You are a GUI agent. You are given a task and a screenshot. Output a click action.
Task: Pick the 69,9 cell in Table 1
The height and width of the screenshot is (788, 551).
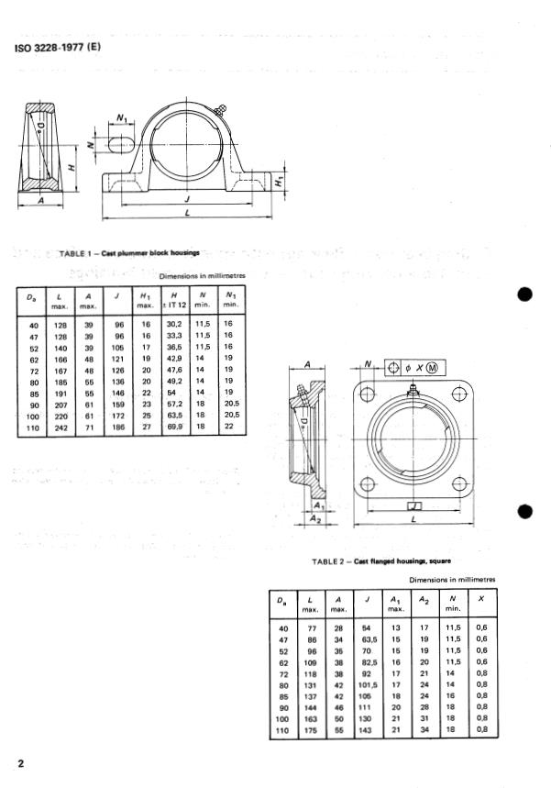pos(175,427)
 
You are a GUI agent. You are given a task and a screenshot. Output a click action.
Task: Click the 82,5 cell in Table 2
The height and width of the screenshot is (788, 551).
pos(369,660)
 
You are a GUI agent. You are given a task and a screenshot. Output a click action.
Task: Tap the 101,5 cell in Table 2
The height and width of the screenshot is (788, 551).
pos(369,683)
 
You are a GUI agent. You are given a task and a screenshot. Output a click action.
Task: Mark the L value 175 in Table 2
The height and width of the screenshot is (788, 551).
pos(311,731)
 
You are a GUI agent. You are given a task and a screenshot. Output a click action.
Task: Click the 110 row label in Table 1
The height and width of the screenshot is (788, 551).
pos(33,427)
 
